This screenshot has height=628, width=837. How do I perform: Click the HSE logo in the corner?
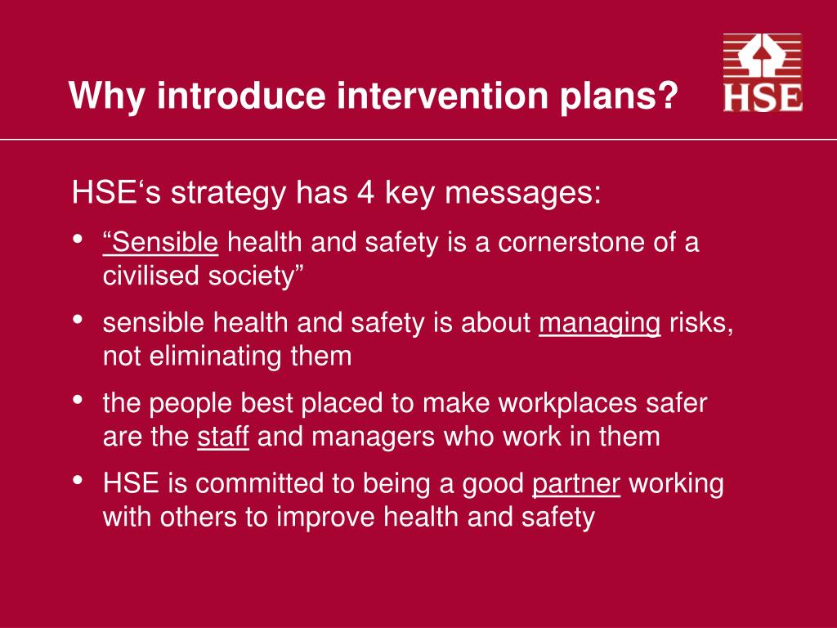click(x=762, y=73)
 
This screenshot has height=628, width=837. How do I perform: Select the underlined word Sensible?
click(x=161, y=243)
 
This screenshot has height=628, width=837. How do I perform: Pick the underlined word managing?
click(x=599, y=323)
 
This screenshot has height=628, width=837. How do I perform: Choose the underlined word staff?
click(x=222, y=436)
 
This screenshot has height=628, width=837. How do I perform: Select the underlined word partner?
click(x=576, y=483)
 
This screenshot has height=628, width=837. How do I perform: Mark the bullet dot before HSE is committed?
click(x=78, y=482)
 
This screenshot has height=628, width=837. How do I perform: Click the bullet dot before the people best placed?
click(x=78, y=401)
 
